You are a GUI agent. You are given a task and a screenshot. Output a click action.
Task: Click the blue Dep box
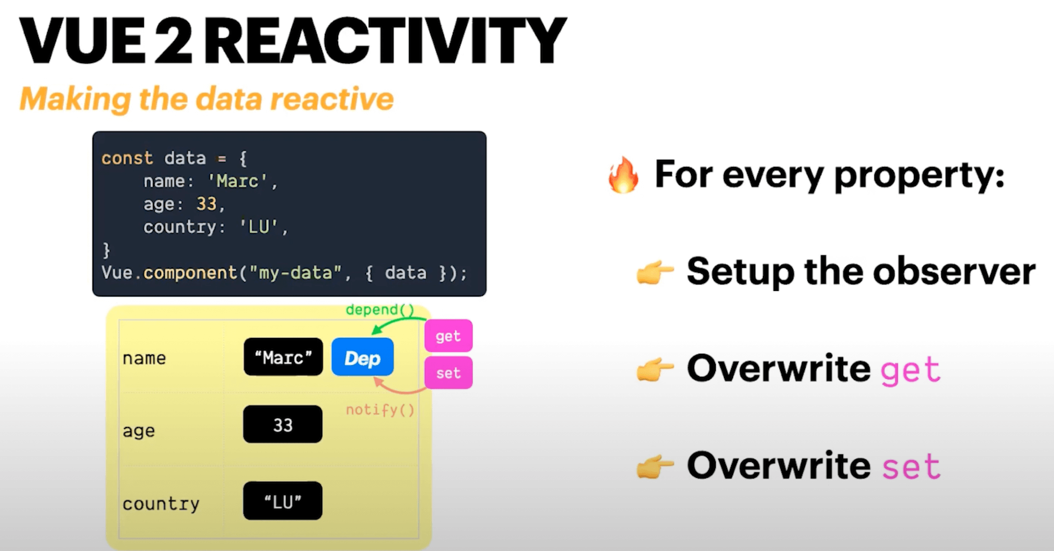tap(363, 357)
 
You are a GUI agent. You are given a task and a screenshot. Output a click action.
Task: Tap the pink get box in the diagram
tap(448, 336)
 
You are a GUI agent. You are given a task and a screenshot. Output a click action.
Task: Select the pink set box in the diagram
tap(448, 373)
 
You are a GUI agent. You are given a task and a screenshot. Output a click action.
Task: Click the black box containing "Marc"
tap(283, 357)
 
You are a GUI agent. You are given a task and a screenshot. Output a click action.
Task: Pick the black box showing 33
tap(282, 425)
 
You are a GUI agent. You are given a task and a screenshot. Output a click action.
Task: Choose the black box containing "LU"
tap(282, 501)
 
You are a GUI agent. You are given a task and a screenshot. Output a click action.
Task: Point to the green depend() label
tap(380, 310)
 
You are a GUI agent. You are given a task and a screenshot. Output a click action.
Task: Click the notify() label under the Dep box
tap(380, 410)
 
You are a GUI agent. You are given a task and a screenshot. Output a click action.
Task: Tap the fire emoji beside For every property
tap(623, 175)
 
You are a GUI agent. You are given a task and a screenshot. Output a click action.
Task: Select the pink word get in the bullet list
tap(910, 369)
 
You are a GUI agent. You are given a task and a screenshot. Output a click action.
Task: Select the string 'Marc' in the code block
tap(237, 181)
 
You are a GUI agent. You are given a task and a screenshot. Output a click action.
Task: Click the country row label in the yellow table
tap(161, 504)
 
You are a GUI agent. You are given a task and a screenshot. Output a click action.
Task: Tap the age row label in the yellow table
tap(139, 431)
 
